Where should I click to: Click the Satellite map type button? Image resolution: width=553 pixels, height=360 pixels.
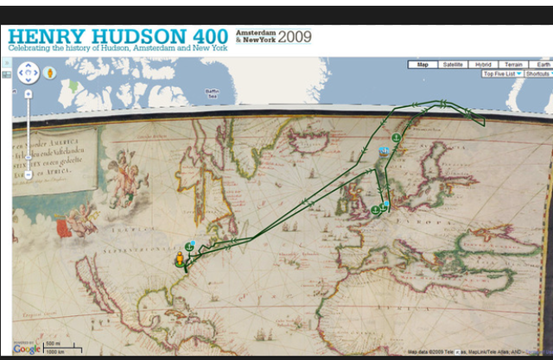[x=452, y=65]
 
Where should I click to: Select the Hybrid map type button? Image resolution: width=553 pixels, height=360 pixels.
[x=482, y=65]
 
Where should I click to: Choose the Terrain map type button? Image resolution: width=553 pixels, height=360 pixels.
[x=513, y=65]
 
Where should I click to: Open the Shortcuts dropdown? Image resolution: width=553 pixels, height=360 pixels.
[x=537, y=74]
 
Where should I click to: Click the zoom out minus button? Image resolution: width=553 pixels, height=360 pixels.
[x=29, y=175]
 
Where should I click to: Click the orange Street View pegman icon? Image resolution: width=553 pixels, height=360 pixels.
[x=50, y=73]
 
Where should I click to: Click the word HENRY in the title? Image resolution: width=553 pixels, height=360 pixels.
[x=47, y=37]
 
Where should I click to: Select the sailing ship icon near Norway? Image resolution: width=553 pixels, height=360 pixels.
[x=385, y=153]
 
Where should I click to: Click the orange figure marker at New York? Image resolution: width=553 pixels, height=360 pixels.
[x=180, y=258]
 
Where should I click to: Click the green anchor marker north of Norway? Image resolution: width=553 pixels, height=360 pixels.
[x=395, y=136]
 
